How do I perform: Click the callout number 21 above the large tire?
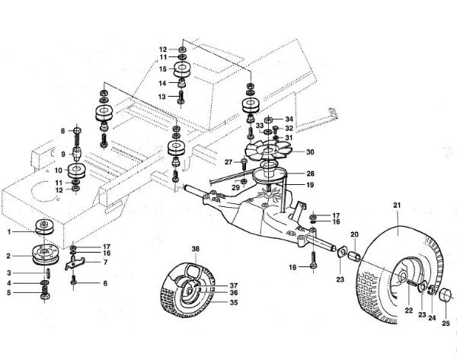396,206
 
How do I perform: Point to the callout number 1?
9,231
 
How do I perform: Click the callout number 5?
9,292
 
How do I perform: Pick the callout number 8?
65,132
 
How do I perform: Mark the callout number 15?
162,68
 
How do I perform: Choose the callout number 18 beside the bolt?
292,267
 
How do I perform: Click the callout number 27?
228,161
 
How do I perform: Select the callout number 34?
289,119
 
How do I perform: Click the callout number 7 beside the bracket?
105,262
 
